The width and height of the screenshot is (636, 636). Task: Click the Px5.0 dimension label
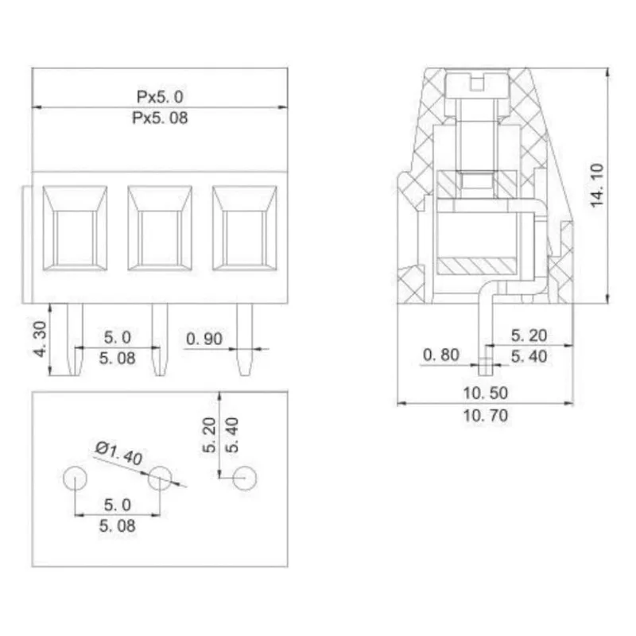coord(160,96)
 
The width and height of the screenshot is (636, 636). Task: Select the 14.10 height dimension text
coord(598,185)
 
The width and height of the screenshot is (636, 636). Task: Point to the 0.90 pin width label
coord(204,339)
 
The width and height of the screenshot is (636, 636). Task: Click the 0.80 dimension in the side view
coord(441,355)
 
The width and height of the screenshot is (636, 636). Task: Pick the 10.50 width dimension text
coord(486,393)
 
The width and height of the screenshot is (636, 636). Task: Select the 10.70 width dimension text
coord(486,415)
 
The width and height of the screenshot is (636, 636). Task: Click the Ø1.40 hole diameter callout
coord(118,456)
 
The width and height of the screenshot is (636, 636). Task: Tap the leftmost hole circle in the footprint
coord(74,478)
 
